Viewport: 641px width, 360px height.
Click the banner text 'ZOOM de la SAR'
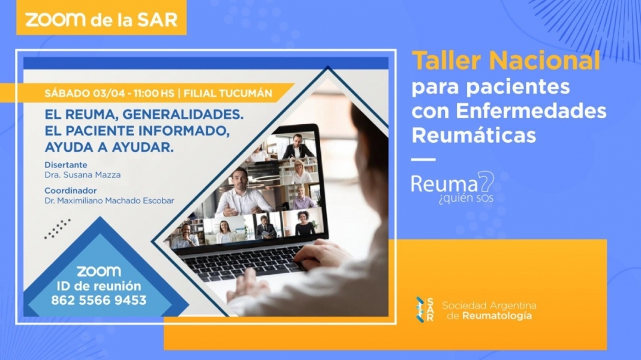point(101,20)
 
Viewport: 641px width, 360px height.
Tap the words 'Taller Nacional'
point(506,61)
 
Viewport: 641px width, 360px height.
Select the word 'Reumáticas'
point(473,135)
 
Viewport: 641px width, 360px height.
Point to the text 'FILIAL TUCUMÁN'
point(228,93)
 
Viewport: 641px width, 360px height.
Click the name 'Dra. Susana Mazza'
point(83,175)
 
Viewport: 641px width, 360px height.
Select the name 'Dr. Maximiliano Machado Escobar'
point(109,200)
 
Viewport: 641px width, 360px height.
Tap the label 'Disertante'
point(66,165)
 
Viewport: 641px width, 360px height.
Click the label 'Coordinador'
point(71,191)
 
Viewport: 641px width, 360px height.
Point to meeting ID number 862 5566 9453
point(98,300)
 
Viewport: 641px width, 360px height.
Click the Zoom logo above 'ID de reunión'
point(99,271)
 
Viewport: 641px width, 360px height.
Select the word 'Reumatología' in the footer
point(497,316)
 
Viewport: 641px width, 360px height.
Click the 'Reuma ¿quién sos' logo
point(453,187)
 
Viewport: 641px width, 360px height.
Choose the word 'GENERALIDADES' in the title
point(183,115)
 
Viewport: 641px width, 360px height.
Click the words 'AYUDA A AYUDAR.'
point(109,147)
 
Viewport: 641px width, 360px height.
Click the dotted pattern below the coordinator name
point(57,229)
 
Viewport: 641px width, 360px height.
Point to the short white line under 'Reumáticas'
point(423,160)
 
